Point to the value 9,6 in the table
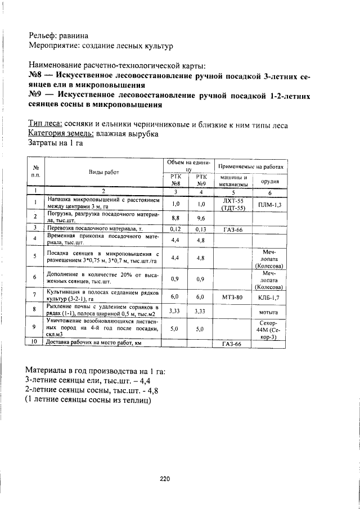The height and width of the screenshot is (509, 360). (201, 217)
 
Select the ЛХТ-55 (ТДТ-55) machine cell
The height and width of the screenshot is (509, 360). (233, 204)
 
